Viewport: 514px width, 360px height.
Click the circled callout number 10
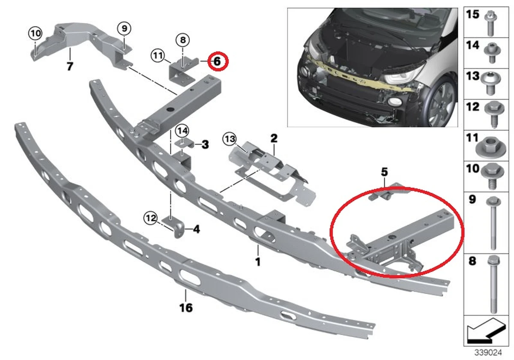35,33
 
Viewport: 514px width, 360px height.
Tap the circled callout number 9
124,28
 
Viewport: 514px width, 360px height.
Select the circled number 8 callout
182,40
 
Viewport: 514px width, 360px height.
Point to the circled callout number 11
158,55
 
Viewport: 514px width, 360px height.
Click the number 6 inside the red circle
217,61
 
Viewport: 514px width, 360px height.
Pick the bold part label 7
70,66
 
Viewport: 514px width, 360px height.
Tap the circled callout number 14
182,131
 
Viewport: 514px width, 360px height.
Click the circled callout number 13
230,139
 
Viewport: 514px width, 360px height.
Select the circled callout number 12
150,218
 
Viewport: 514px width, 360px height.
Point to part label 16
186,308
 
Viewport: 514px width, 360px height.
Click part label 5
384,172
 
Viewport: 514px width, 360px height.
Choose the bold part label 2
274,138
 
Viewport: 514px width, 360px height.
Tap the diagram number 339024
488,352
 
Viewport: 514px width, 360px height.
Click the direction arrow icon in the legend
486,331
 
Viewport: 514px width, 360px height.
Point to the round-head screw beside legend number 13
490,84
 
